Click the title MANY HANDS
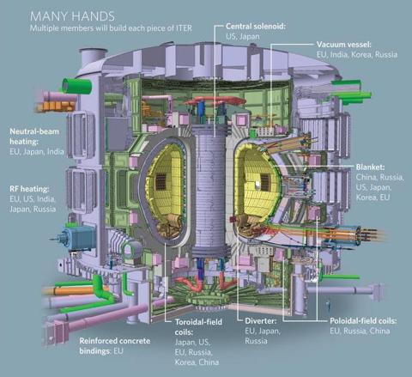[72, 16]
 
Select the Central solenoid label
[256, 27]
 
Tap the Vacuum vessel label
[344, 45]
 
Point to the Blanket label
[370, 167]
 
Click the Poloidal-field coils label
[363, 321]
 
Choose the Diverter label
[261, 321]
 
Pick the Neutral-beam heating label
[34, 137]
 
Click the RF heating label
[29, 189]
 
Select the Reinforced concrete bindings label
[115, 346]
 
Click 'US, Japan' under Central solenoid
[243, 36]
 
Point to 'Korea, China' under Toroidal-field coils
[197, 362]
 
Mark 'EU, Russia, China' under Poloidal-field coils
[360, 331]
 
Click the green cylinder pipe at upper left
[76, 85]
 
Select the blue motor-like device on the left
[77, 236]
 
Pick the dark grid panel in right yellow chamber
[264, 182]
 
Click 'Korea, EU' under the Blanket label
[373, 198]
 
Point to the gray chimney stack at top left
[93, 59]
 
